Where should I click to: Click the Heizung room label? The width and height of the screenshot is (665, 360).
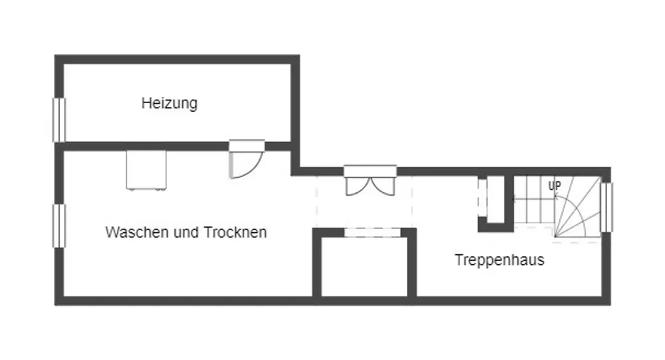coord(170,104)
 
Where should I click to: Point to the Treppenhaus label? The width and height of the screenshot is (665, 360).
coord(499,260)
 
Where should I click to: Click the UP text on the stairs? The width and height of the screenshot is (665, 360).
coord(554,186)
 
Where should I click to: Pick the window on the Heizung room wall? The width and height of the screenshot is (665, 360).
coord(59,120)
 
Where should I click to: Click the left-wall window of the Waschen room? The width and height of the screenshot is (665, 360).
coord(59,226)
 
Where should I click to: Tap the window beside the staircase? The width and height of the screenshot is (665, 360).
coord(606,206)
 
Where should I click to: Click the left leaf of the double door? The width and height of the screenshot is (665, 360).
coord(356,185)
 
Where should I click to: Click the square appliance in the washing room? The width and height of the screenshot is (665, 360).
coord(146,170)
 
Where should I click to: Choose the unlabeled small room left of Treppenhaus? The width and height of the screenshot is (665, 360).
coord(364,266)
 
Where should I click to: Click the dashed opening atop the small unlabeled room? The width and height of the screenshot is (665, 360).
coord(364,232)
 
